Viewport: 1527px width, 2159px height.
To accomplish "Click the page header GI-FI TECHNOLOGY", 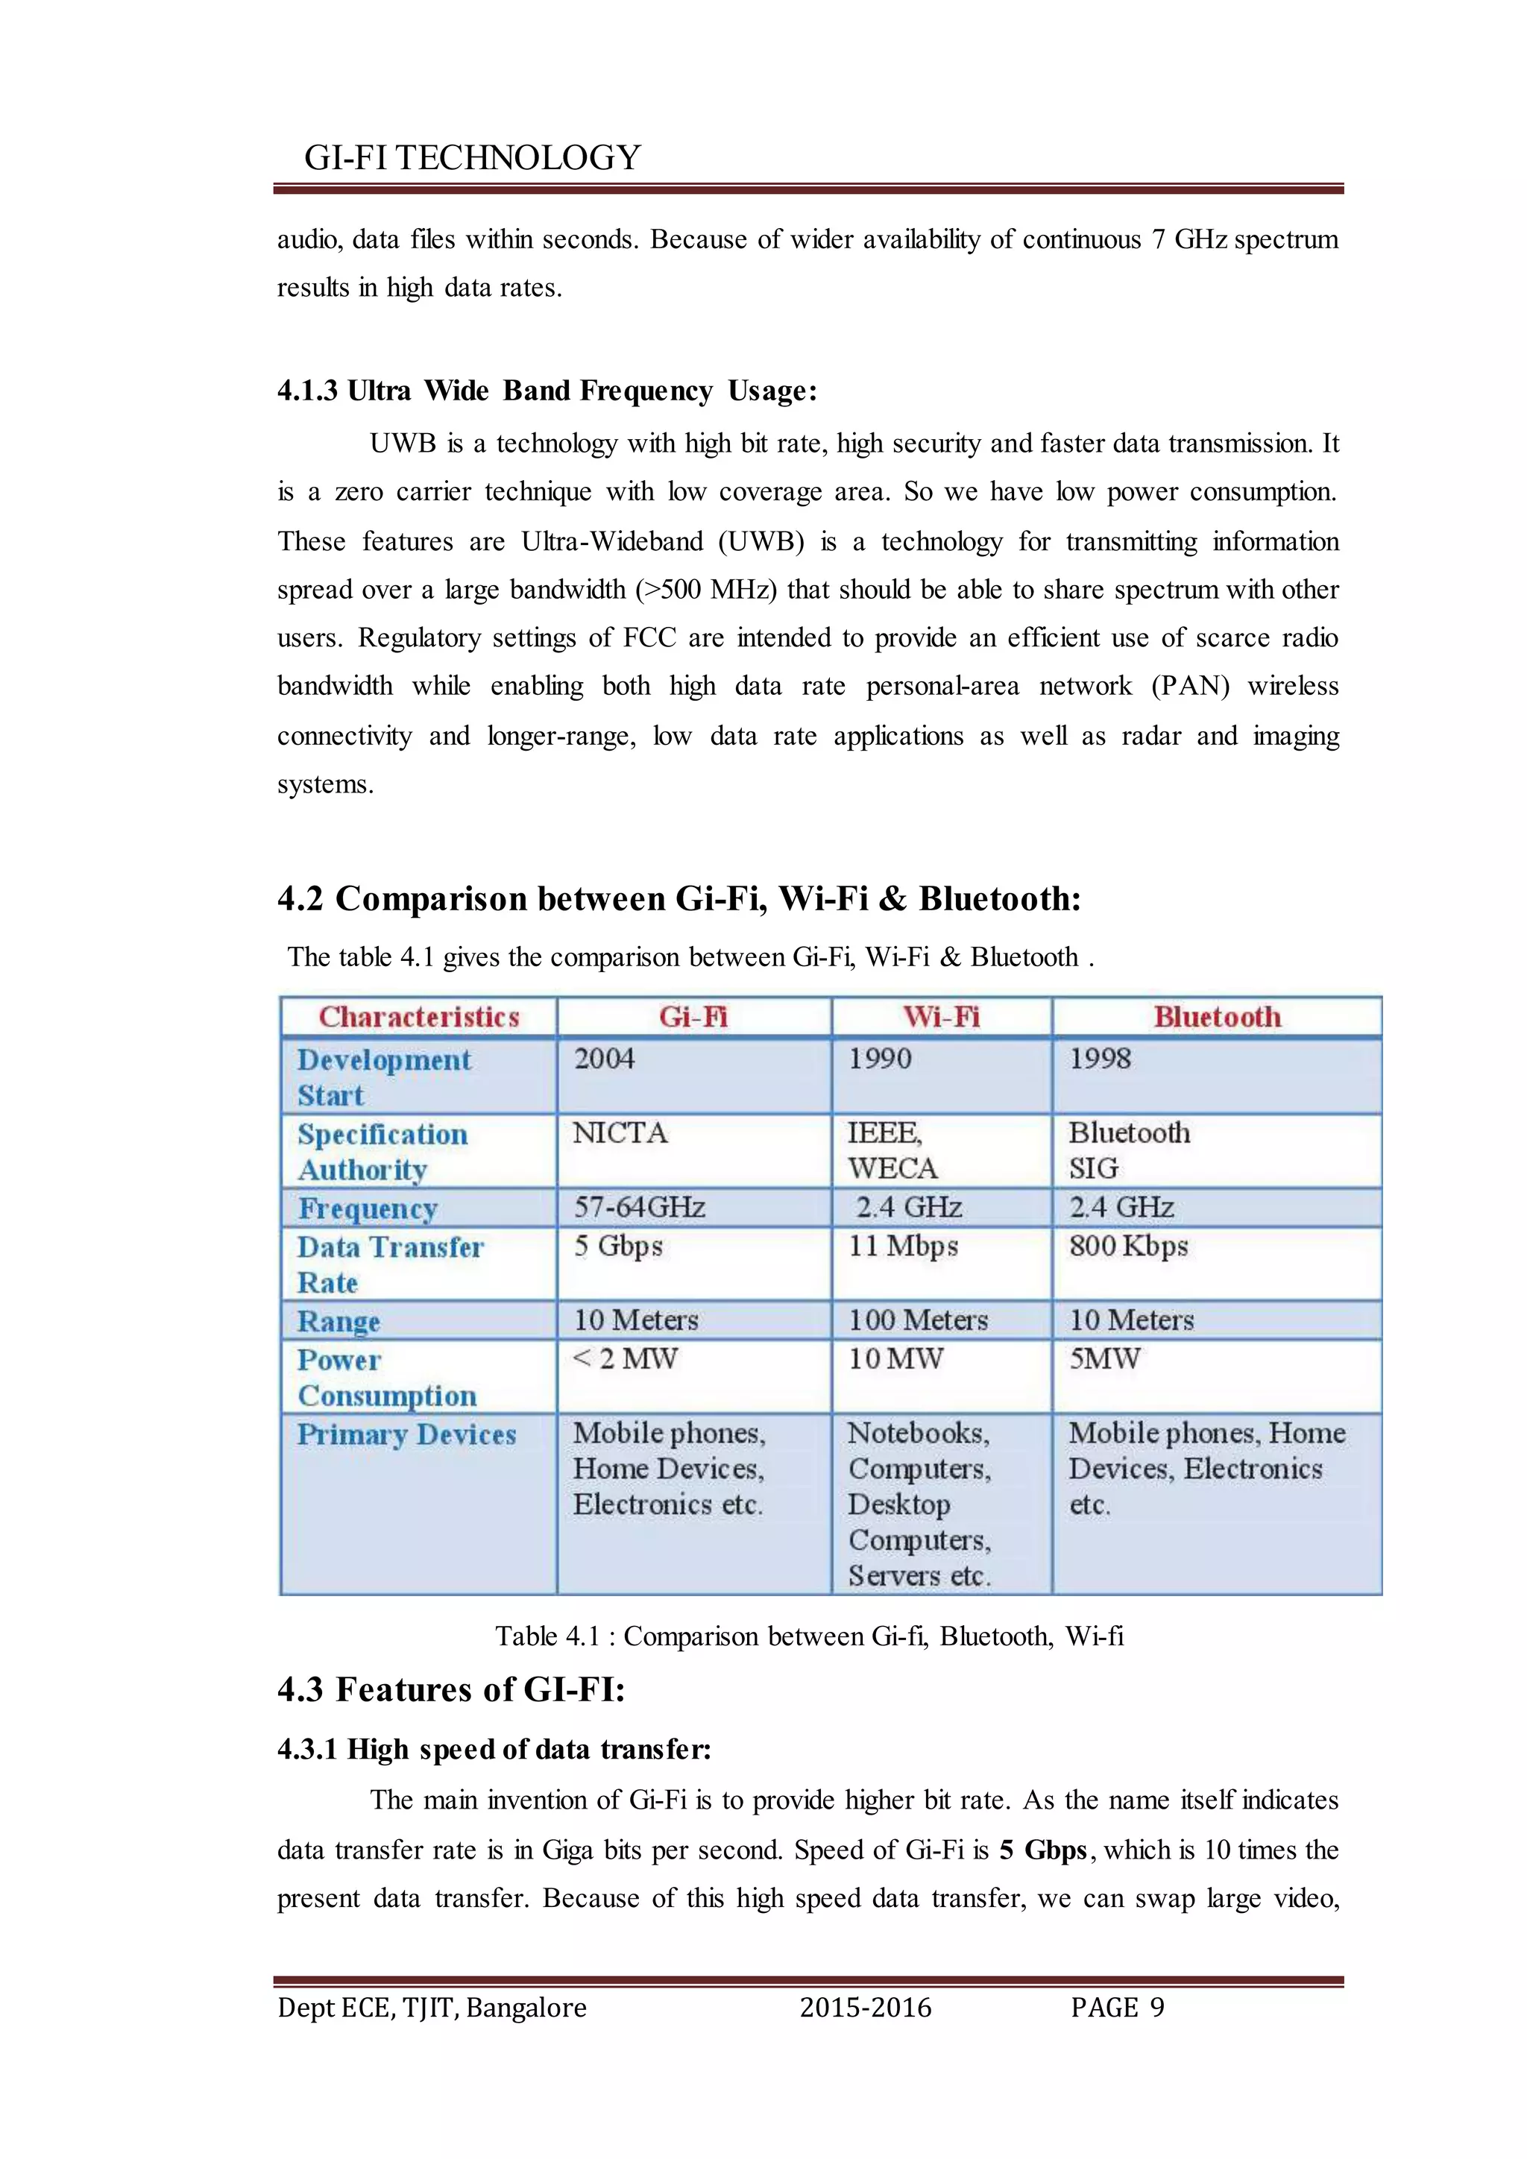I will (472, 157).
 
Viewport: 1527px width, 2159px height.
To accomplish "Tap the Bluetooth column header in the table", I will (1217, 1016).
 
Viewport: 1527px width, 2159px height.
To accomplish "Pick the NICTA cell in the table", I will (620, 1132).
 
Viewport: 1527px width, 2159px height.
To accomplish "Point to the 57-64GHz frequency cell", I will (640, 1208).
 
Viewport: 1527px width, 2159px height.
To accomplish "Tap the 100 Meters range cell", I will (919, 1320).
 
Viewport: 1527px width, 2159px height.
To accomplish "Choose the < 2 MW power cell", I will (626, 1359).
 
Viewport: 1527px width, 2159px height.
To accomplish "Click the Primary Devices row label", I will (406, 1435).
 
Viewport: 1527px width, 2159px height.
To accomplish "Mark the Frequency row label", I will (368, 1208).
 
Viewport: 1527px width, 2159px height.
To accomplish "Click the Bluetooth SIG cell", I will (1128, 1150).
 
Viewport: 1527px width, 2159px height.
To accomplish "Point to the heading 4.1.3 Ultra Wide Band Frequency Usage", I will (547, 390).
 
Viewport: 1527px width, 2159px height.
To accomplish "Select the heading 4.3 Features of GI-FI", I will (451, 1690).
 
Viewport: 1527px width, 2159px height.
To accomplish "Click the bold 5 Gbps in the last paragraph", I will (1043, 1850).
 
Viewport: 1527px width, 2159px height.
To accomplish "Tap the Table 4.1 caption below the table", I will (810, 1636).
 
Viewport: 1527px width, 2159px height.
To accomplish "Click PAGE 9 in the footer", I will (1117, 2008).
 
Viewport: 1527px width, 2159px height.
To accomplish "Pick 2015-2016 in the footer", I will (865, 2008).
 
